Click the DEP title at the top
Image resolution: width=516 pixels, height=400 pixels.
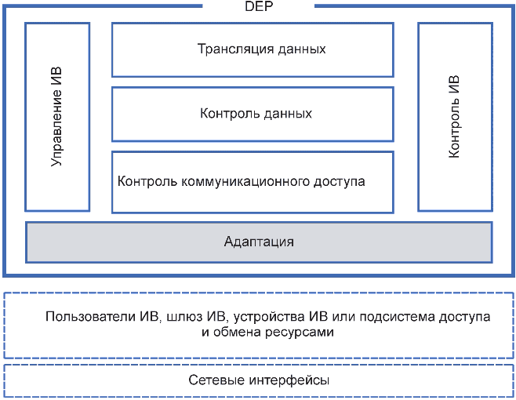[259, 6]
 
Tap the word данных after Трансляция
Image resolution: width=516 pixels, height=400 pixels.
[302, 49]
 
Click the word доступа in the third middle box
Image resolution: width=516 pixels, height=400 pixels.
[339, 182]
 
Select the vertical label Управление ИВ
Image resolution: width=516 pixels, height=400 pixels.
[56, 117]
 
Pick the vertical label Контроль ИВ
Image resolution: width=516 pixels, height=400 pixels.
[454, 117]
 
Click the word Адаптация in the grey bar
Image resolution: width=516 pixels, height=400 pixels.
[259, 242]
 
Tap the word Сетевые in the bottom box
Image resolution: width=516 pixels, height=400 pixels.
[216, 380]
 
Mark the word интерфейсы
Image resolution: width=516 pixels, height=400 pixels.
[289, 380]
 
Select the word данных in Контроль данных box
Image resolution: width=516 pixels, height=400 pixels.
[288, 114]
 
